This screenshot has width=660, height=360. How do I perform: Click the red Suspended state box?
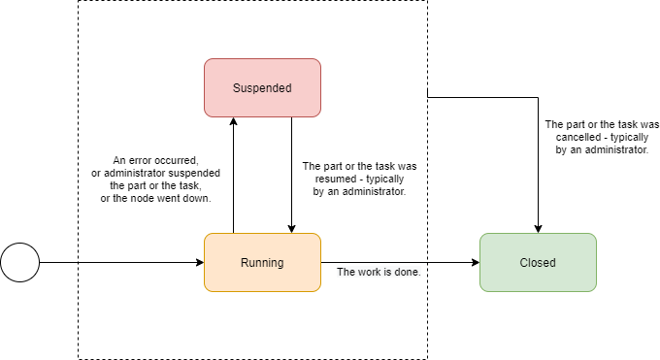click(x=262, y=87)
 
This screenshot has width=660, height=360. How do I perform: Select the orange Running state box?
click(x=262, y=262)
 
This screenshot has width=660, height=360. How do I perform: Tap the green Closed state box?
click(x=538, y=262)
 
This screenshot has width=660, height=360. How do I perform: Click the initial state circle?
click(x=19, y=262)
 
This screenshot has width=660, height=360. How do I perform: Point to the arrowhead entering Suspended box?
click(x=233, y=121)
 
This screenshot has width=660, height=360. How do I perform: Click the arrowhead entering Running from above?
click(x=291, y=228)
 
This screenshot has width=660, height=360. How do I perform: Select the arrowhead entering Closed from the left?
click(x=475, y=262)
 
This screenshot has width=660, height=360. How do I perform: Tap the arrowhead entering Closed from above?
click(x=538, y=228)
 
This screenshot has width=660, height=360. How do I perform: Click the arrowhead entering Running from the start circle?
click(x=199, y=262)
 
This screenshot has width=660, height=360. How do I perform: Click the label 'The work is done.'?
click(x=379, y=272)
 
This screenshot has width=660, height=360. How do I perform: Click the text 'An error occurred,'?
click(x=157, y=160)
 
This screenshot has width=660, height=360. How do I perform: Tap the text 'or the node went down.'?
click(x=157, y=198)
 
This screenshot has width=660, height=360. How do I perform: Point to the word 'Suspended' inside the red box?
click(x=262, y=87)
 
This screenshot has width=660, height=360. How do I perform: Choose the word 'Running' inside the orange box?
click(x=262, y=262)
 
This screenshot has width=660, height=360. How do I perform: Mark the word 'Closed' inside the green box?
click(x=538, y=262)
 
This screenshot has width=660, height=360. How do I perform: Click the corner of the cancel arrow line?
click(x=538, y=97)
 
